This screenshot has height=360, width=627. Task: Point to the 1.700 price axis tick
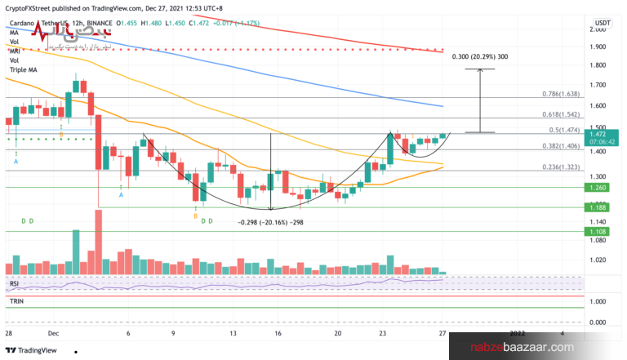point(600,85)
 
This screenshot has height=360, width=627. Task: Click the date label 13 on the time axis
point(233,333)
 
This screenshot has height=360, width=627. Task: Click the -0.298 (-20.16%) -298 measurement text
point(269,221)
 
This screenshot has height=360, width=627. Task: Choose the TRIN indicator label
point(16,301)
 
